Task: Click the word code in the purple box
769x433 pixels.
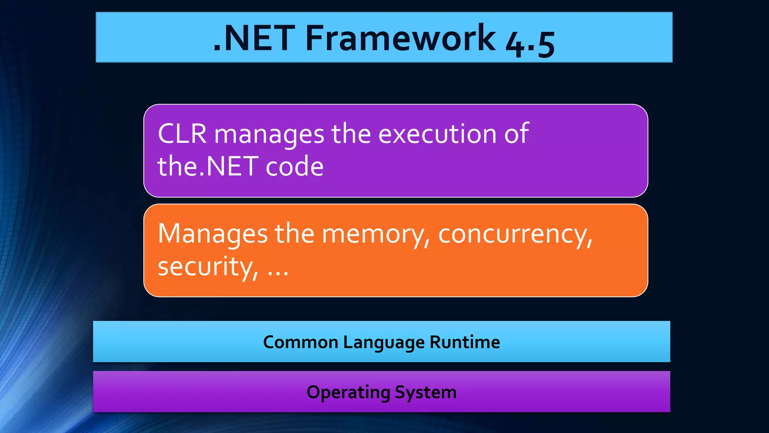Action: coord(294,166)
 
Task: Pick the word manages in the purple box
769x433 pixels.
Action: coord(269,135)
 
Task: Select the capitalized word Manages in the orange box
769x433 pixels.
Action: coord(213,234)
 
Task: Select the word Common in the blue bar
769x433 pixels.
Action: coord(301,342)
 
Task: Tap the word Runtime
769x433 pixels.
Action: coord(465,342)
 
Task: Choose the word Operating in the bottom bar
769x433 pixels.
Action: coord(348,392)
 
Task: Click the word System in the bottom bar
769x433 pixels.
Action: coord(426,392)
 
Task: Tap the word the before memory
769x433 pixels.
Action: coord(294,233)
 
